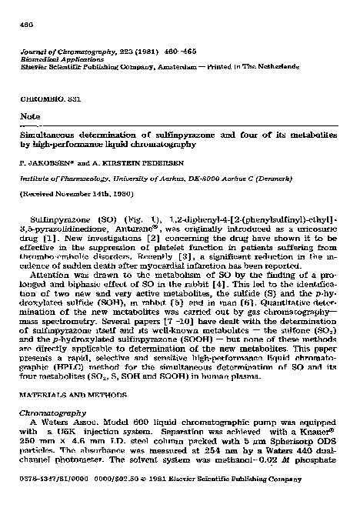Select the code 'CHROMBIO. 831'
(48, 102)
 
